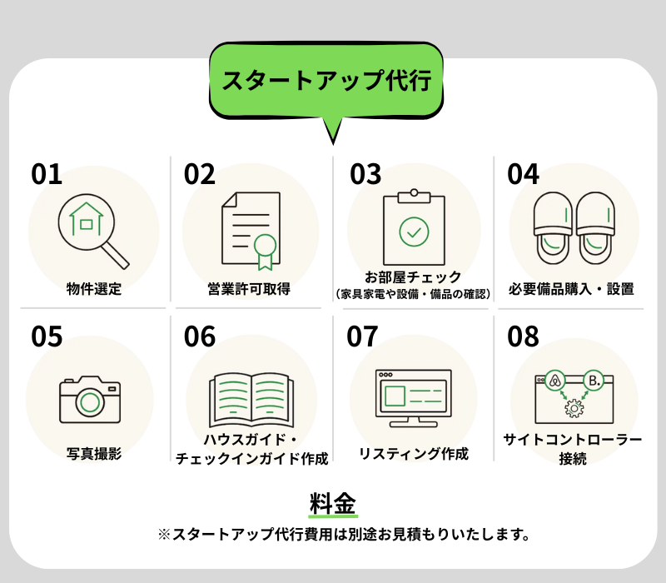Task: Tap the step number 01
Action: point(47,174)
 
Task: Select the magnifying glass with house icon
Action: point(93,232)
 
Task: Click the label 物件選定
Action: point(94,289)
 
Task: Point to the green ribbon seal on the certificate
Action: point(265,252)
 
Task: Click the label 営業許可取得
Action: point(249,289)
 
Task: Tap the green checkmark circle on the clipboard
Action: point(414,232)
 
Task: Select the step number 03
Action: point(365,174)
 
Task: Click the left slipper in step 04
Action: point(553,228)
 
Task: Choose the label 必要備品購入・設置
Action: point(571,289)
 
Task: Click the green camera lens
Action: point(90,402)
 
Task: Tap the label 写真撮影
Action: point(94,454)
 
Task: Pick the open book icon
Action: point(251,400)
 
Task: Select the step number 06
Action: point(200,336)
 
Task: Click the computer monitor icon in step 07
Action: point(414,398)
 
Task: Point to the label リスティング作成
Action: point(414,454)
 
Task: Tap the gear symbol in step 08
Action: point(574,408)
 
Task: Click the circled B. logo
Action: point(594,381)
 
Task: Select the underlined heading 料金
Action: point(333,504)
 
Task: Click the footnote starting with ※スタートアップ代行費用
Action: point(344,534)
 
